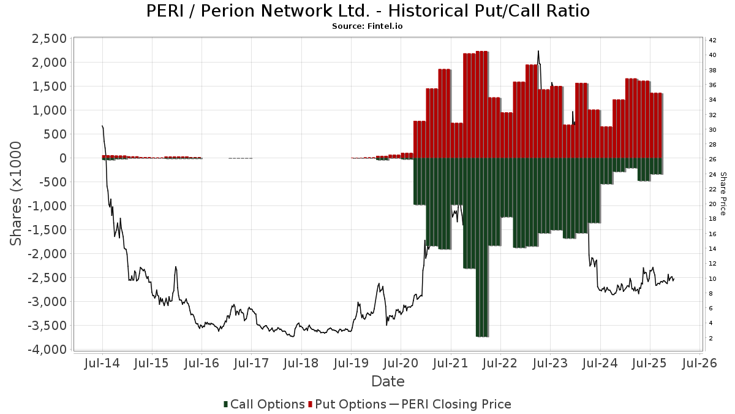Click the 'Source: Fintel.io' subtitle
(367, 26)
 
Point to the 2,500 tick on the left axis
(48, 39)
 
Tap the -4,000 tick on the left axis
(45, 350)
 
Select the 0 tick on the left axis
(62, 158)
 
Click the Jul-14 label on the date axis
(102, 363)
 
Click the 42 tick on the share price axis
(712, 40)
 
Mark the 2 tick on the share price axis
(710, 339)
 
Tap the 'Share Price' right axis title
(723, 193)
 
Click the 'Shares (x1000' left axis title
(17, 193)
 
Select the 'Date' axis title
(388, 381)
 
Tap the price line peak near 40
(538, 52)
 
